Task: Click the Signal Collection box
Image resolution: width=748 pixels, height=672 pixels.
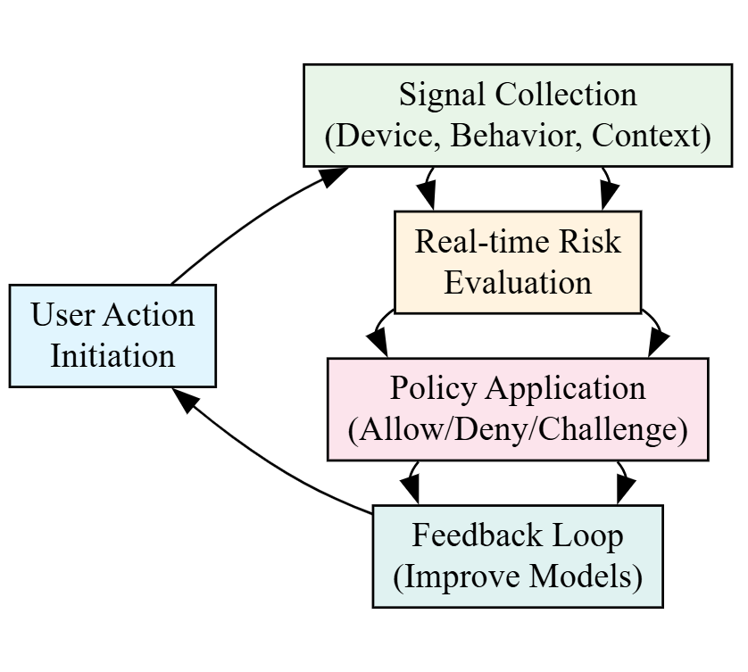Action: coord(518,115)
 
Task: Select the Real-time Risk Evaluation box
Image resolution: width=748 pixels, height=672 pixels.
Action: coord(518,261)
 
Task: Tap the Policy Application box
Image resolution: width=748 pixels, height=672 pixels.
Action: coord(518,409)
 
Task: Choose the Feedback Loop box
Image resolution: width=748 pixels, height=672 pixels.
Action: coord(518,556)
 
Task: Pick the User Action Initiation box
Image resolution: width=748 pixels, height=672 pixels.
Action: coord(112,336)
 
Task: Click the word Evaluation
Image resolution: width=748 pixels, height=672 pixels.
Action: coord(518,283)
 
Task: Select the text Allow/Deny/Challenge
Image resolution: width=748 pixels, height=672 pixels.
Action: coord(518,430)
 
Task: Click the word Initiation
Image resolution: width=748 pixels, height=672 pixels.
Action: coord(112,356)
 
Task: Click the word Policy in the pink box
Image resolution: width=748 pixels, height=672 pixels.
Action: coord(428,388)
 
